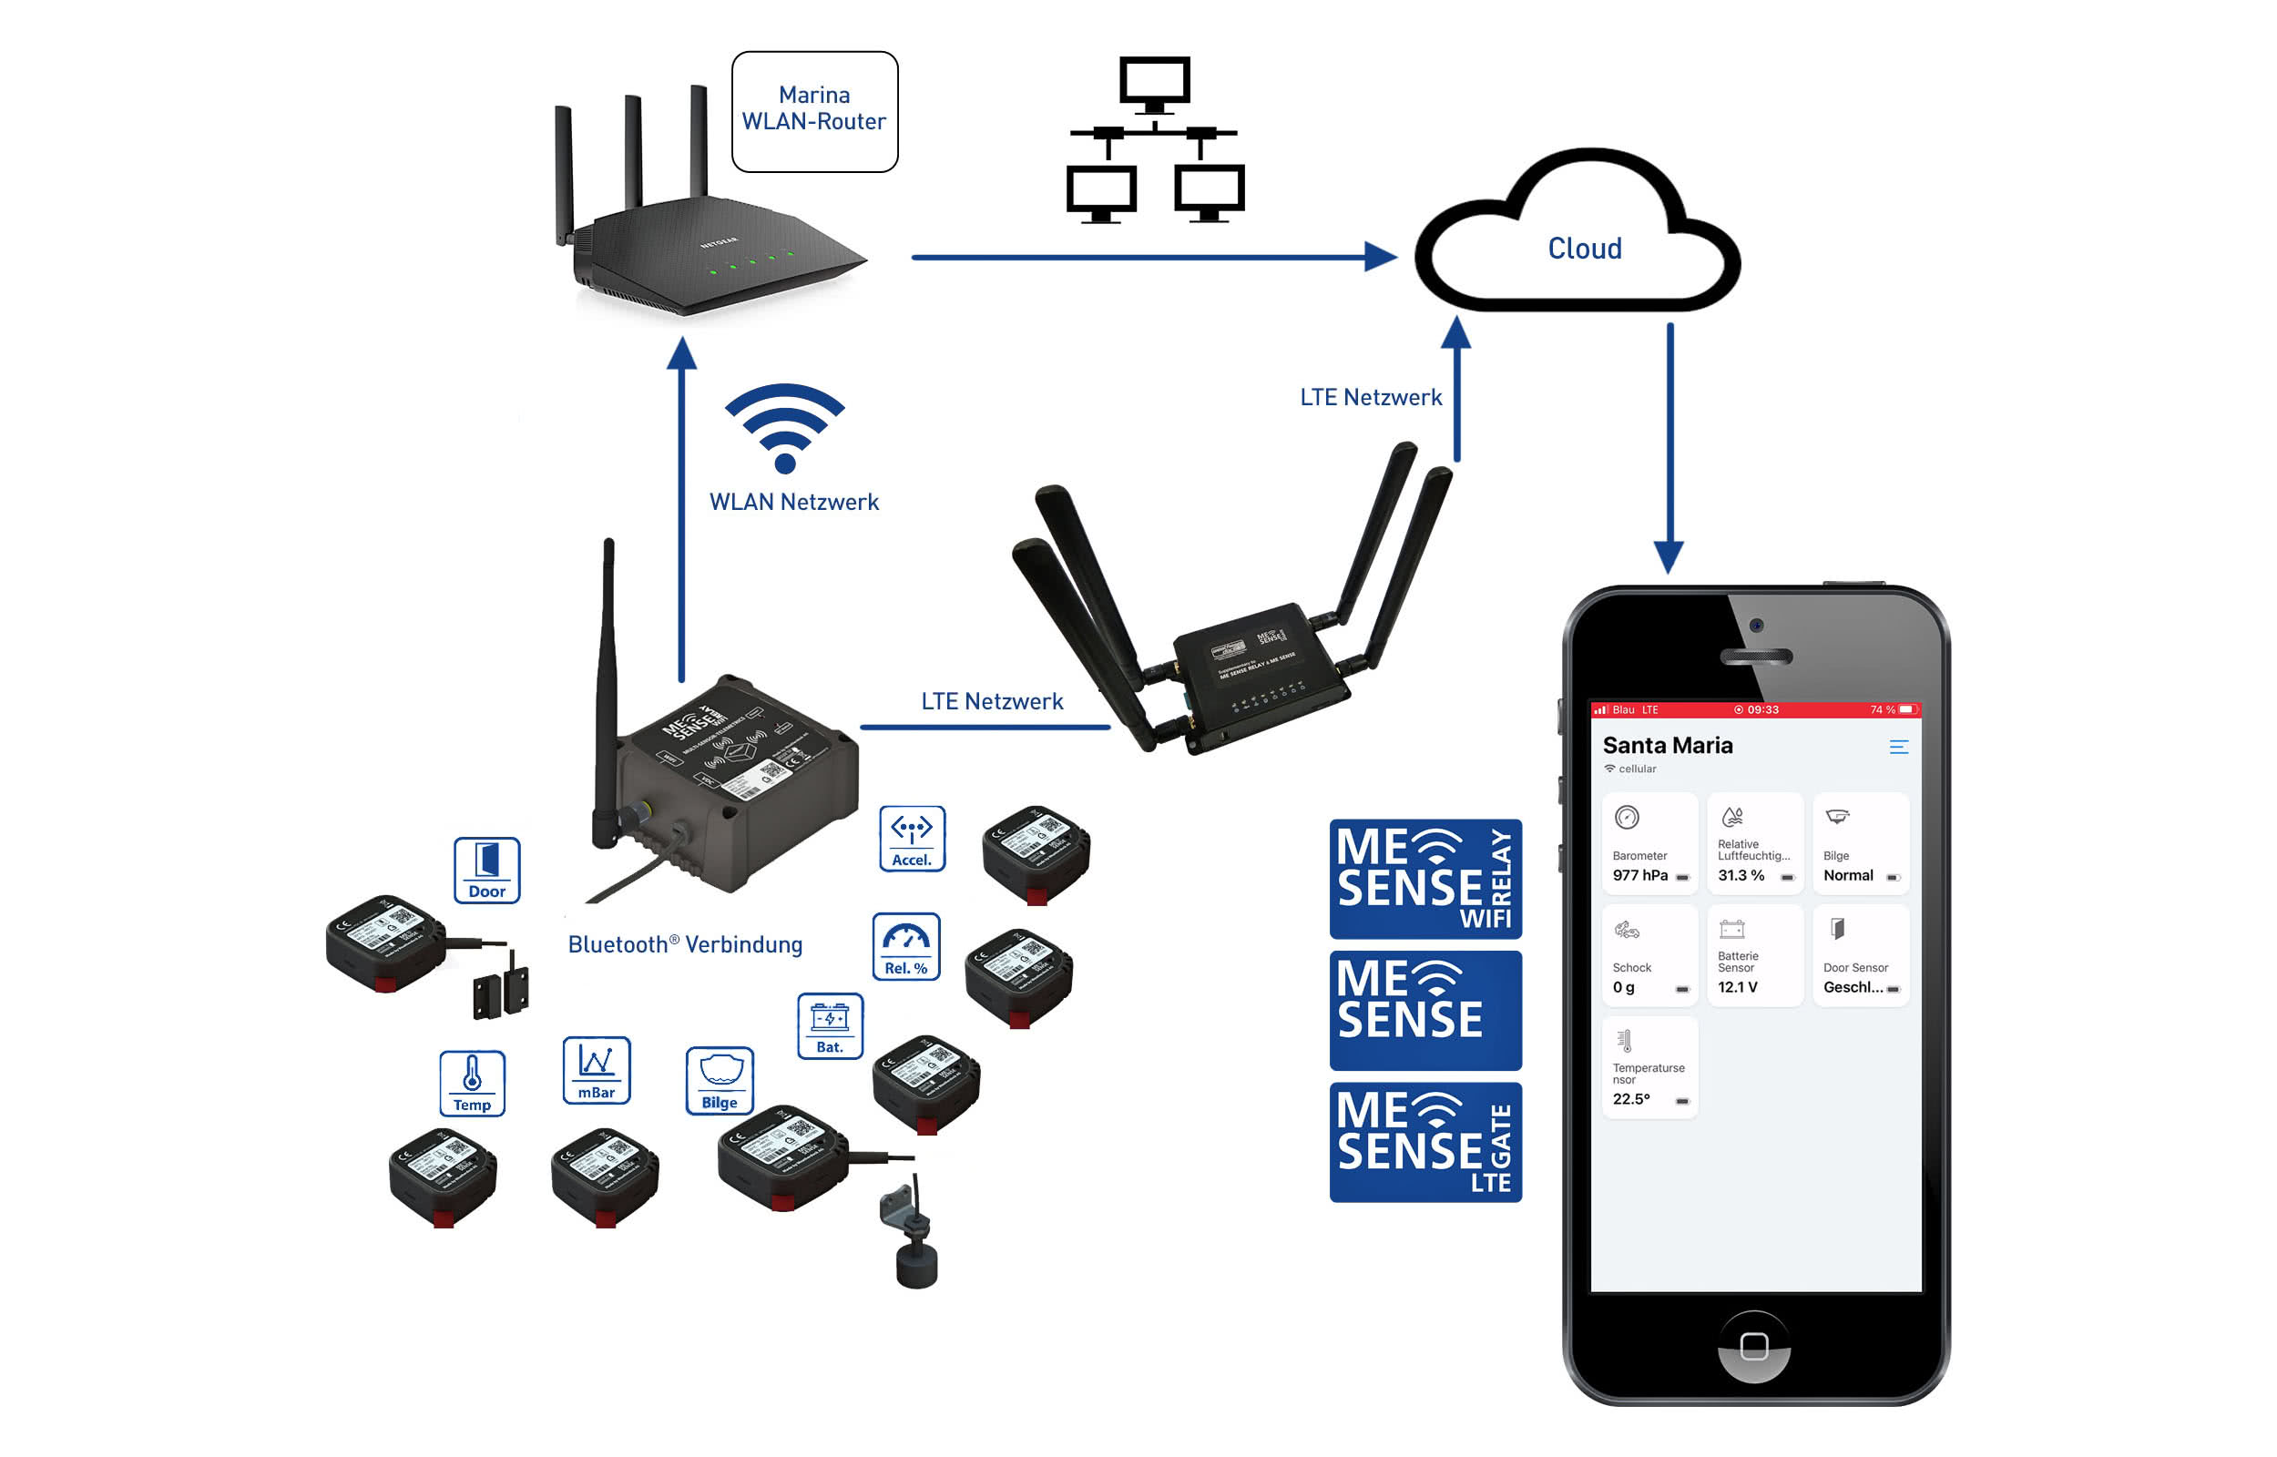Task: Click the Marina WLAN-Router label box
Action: pos(814,112)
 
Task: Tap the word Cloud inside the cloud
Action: pos(1585,249)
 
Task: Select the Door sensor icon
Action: pos(486,871)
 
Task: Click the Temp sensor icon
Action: pos(472,1085)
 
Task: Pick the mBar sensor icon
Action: pos(596,1071)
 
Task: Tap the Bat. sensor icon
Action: pos(830,1026)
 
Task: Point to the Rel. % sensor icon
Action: pos(905,947)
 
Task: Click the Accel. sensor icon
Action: pos(912,840)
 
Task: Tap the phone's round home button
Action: pos(1754,1346)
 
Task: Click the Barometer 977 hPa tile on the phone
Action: pos(1649,844)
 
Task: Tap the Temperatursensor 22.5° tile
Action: pos(1649,1068)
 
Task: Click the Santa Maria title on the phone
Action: pos(1668,746)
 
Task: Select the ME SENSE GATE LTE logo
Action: pos(1424,1143)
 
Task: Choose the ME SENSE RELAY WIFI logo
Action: pos(1424,879)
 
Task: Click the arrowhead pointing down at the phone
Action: pos(1669,557)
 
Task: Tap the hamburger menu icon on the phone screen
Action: pos(1898,748)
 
